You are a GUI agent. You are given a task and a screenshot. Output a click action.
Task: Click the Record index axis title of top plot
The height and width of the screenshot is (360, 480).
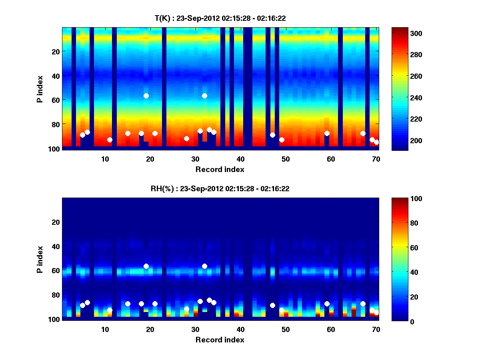click(220, 169)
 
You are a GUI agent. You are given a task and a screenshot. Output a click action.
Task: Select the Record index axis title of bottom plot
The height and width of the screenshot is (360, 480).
click(220, 340)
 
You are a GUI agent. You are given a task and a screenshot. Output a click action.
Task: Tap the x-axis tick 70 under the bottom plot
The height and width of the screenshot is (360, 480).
click(376, 329)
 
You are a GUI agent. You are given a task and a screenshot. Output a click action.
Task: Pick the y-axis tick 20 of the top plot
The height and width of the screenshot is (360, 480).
click(55, 51)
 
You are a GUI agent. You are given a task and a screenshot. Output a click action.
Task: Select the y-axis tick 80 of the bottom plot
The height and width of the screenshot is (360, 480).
click(55, 295)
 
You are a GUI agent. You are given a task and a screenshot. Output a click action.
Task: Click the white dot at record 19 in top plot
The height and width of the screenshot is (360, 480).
click(146, 96)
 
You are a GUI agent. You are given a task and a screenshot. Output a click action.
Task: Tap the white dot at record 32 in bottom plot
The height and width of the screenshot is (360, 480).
click(205, 266)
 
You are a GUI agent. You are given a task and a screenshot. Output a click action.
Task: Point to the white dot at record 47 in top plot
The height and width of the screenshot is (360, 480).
click(272, 135)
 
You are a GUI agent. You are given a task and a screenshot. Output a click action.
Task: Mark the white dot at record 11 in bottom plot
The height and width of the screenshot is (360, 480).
click(110, 310)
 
